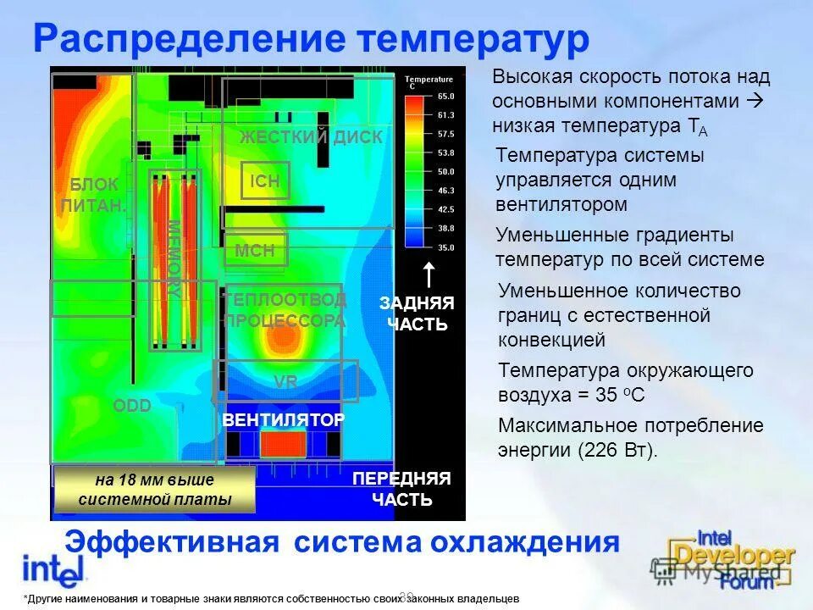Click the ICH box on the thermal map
[x=265, y=180]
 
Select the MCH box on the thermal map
[x=255, y=250]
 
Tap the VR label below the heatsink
[x=285, y=382]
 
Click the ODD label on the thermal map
[x=132, y=406]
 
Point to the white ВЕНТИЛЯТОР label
[x=283, y=420]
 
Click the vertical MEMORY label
[x=174, y=258]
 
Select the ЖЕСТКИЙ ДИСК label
[x=311, y=137]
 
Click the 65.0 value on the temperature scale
[x=445, y=97]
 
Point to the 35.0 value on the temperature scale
[x=445, y=247]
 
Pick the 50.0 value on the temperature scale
[x=445, y=172]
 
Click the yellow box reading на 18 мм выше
[x=154, y=490]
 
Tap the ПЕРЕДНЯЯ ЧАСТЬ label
[x=401, y=489]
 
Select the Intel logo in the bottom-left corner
[x=54, y=568]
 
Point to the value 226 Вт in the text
[x=616, y=450]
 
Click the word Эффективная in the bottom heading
[x=172, y=542]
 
